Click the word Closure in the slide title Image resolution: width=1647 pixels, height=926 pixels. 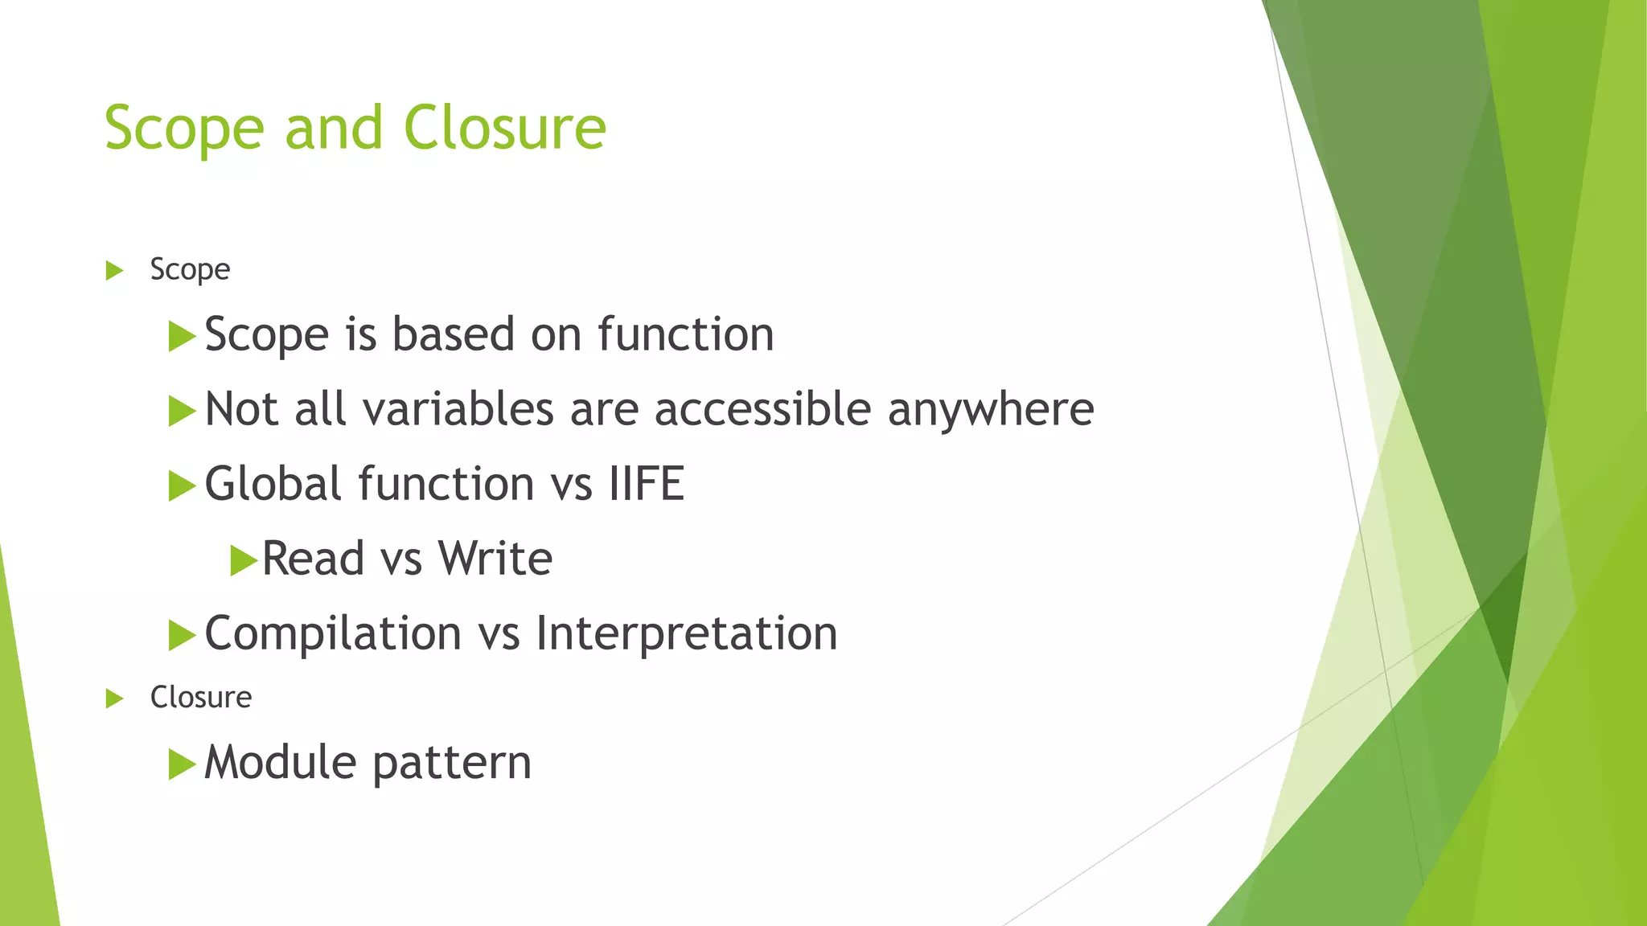[504, 129]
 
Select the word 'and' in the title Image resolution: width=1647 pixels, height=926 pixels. [334, 129]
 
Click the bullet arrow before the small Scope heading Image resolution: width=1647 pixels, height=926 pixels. [114, 270]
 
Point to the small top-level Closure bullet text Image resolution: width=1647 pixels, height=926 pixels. [200, 697]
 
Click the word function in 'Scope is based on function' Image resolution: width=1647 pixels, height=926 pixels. [685, 334]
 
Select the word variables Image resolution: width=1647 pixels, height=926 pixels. [458, 409]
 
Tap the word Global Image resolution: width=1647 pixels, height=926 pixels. [273, 484]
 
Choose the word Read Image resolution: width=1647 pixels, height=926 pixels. [313, 559]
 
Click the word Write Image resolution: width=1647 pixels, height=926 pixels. [495, 559]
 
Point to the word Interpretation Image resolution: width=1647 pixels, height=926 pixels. [686, 633]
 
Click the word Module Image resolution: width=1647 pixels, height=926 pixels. [279, 762]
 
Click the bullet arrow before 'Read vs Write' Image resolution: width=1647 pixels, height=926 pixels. [242, 560]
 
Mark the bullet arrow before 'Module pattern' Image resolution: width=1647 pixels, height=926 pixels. [182, 764]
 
